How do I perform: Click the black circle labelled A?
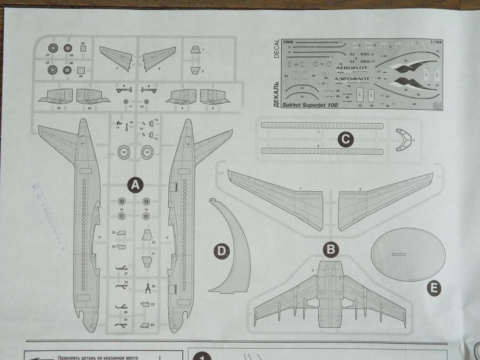[135, 185]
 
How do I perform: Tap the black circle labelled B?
[332, 250]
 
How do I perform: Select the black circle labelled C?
[345, 139]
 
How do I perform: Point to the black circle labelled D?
[221, 252]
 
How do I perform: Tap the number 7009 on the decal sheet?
[289, 42]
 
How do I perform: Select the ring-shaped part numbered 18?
[124, 152]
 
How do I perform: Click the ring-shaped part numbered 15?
[147, 152]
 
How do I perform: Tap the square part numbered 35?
[82, 48]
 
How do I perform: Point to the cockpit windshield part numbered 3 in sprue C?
[403, 140]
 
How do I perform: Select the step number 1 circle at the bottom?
[202, 357]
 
